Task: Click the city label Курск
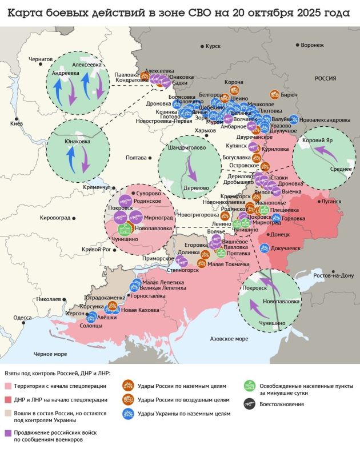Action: [x=212, y=46]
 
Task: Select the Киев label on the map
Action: [x=17, y=123]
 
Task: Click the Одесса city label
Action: [x=22, y=318]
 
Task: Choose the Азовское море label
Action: [x=229, y=339]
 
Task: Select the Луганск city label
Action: [x=331, y=202]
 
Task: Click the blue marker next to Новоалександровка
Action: [x=294, y=120]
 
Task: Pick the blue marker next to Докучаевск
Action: [x=263, y=248]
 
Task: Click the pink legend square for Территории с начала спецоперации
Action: [x=9, y=386]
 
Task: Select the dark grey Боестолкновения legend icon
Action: [x=249, y=404]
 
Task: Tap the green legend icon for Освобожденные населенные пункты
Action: [x=249, y=386]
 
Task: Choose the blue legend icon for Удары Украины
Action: [x=128, y=413]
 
